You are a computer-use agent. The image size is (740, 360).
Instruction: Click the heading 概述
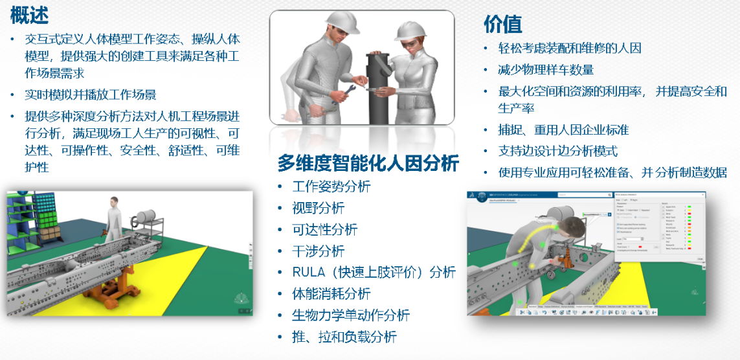coord(29,14)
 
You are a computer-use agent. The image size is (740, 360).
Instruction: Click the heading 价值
coord(502,24)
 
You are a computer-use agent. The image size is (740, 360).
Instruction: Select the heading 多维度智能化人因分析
coord(368,163)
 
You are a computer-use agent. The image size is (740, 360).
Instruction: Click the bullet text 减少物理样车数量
coord(546,69)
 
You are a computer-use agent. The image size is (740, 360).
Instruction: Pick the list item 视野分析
coord(319,208)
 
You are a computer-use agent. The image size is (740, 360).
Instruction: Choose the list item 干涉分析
coord(319,251)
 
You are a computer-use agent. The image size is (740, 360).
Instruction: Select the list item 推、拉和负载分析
coord(344,337)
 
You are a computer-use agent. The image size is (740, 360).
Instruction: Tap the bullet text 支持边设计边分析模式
coord(557,151)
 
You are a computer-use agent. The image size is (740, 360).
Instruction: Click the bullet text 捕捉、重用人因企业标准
coord(563,129)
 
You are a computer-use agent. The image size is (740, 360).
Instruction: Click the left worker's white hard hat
coord(342,21)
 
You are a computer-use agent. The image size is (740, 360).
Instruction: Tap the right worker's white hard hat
coord(410,30)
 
